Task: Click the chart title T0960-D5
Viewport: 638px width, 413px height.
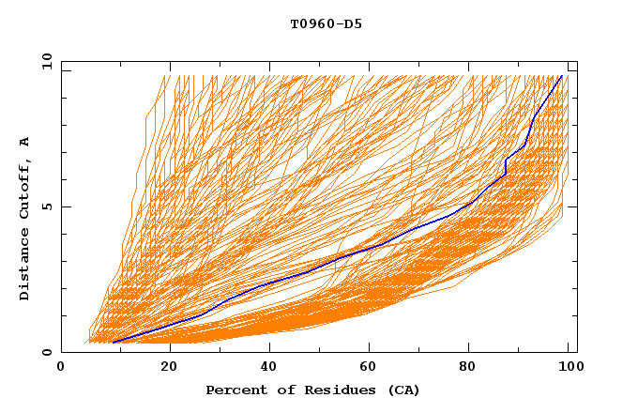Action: click(x=326, y=23)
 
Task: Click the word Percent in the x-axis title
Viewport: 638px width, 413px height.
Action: click(x=235, y=390)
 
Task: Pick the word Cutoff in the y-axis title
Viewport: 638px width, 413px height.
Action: click(x=24, y=187)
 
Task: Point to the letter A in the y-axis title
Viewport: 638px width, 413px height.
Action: click(x=24, y=142)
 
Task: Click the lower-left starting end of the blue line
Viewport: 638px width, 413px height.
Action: click(x=113, y=343)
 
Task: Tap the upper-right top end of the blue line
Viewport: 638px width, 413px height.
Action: click(x=562, y=76)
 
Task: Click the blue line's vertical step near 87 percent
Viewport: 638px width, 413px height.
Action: click(x=506, y=167)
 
